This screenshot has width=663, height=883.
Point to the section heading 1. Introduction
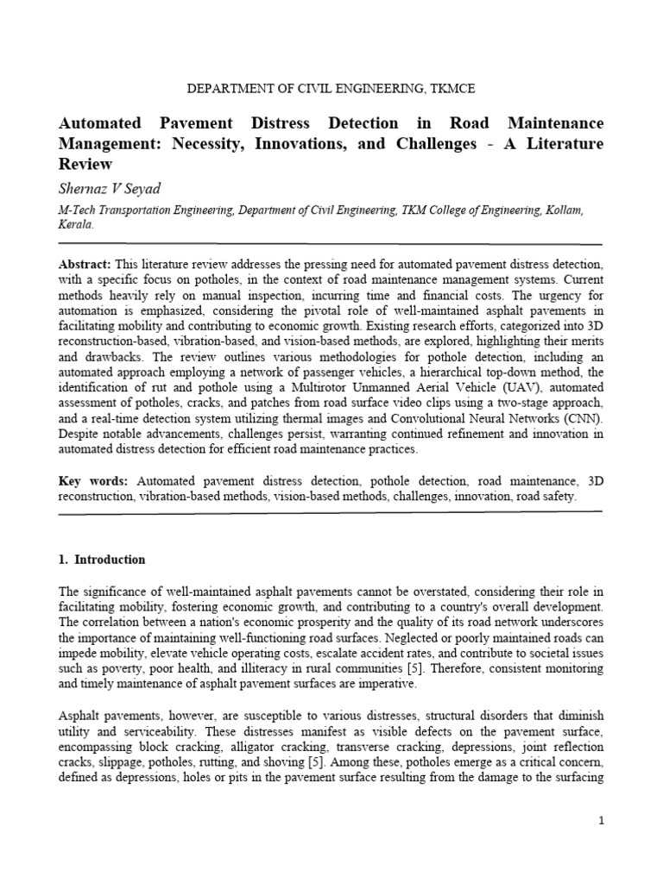coord(102,560)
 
